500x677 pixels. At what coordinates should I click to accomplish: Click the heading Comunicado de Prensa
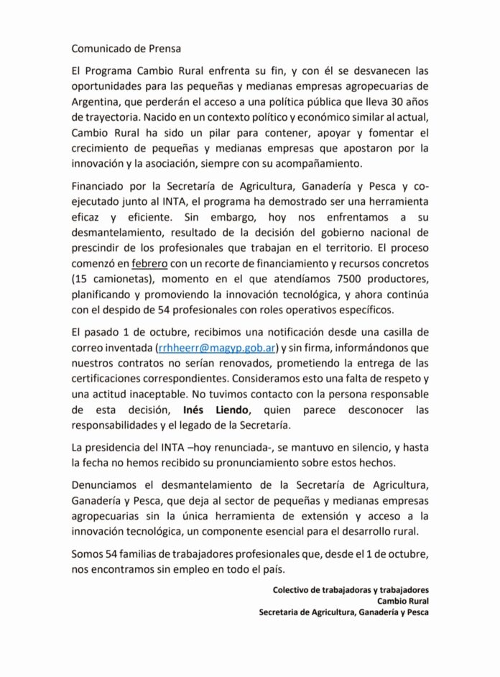click(126, 49)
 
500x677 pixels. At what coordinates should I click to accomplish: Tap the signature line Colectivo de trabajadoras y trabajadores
click(351, 590)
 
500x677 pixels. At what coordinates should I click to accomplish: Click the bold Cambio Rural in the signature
click(402, 602)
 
